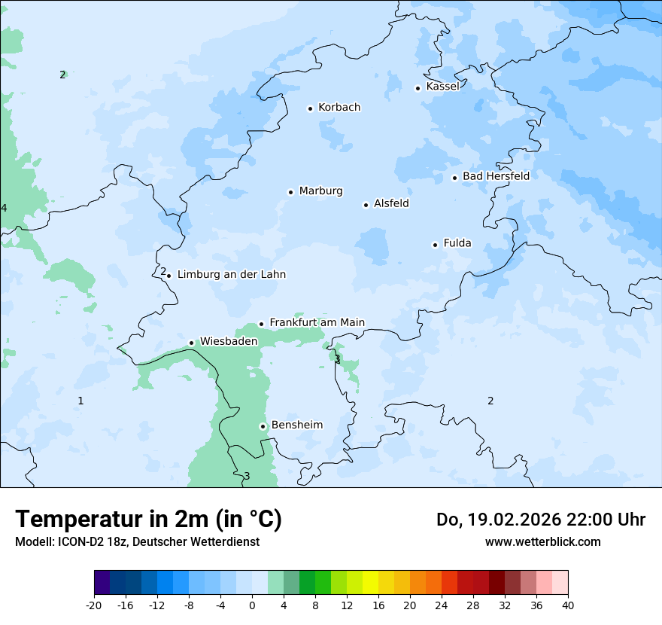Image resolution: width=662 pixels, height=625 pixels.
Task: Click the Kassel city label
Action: (x=442, y=87)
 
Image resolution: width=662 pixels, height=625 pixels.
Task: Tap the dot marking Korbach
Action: (x=310, y=108)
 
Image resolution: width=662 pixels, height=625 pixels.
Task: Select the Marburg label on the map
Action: (x=320, y=191)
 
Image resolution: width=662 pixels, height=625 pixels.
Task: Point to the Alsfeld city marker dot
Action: (x=366, y=205)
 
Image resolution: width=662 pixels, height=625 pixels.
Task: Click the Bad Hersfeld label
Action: (x=496, y=176)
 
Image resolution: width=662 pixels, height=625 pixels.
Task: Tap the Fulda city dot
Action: (x=435, y=245)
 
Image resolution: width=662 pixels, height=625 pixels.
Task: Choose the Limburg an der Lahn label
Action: (x=231, y=275)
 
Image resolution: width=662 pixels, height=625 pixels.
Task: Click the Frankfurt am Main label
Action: (x=317, y=323)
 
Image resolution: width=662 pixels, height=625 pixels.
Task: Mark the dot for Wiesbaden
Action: (x=191, y=343)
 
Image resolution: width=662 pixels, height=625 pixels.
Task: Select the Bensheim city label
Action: (x=296, y=425)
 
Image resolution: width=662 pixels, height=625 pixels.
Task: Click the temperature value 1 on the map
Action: (x=80, y=401)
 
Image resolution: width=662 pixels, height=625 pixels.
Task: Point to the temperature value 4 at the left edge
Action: (x=4, y=208)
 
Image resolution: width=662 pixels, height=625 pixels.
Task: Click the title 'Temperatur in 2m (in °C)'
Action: (x=148, y=520)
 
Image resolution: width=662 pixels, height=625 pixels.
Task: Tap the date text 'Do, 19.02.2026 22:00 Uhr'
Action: (x=541, y=520)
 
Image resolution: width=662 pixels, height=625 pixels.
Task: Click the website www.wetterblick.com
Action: (x=542, y=542)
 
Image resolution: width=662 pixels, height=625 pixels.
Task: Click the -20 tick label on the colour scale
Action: (x=94, y=605)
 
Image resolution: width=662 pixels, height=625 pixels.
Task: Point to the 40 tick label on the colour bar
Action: (x=567, y=605)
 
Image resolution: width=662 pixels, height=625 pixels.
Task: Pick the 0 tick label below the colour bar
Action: (x=252, y=605)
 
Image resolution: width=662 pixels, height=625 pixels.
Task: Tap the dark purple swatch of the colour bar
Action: (x=102, y=583)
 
